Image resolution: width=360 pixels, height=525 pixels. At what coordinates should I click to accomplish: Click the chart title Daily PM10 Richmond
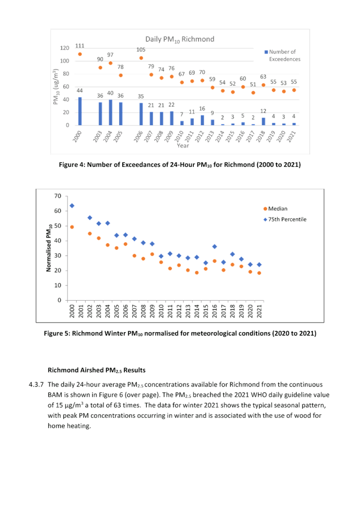pyautogui.click(x=179, y=39)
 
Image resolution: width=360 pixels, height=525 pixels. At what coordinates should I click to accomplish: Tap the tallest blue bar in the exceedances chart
pyautogui.click(x=80, y=111)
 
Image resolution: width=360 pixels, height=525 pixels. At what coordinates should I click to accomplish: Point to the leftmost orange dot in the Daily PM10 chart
pyautogui.click(x=80, y=54)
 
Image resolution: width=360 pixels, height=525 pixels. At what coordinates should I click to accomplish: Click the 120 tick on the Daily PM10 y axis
pyautogui.click(x=65, y=48)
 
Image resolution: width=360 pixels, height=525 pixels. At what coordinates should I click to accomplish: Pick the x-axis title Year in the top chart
pyautogui.click(x=179, y=147)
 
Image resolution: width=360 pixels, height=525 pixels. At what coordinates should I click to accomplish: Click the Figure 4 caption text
pyautogui.click(x=179, y=165)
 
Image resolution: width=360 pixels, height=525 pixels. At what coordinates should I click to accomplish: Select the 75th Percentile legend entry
pyautogui.click(x=287, y=219)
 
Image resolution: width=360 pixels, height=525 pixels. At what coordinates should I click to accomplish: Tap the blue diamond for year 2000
pyautogui.click(x=72, y=206)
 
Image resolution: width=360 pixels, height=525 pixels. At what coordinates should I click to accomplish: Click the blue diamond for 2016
pyautogui.click(x=214, y=246)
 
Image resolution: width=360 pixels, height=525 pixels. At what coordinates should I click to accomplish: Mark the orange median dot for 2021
pyautogui.click(x=259, y=273)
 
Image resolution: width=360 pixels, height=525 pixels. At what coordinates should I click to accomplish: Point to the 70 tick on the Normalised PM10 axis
pyautogui.click(x=58, y=196)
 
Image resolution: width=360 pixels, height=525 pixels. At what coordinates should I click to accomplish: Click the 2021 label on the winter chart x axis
pyautogui.click(x=259, y=312)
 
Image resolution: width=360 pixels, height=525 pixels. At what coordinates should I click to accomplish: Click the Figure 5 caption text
pyautogui.click(x=179, y=333)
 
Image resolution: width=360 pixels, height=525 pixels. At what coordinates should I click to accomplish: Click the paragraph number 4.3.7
pyautogui.click(x=36, y=384)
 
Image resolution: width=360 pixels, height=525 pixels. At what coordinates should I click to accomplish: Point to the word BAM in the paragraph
pyautogui.click(x=54, y=394)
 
